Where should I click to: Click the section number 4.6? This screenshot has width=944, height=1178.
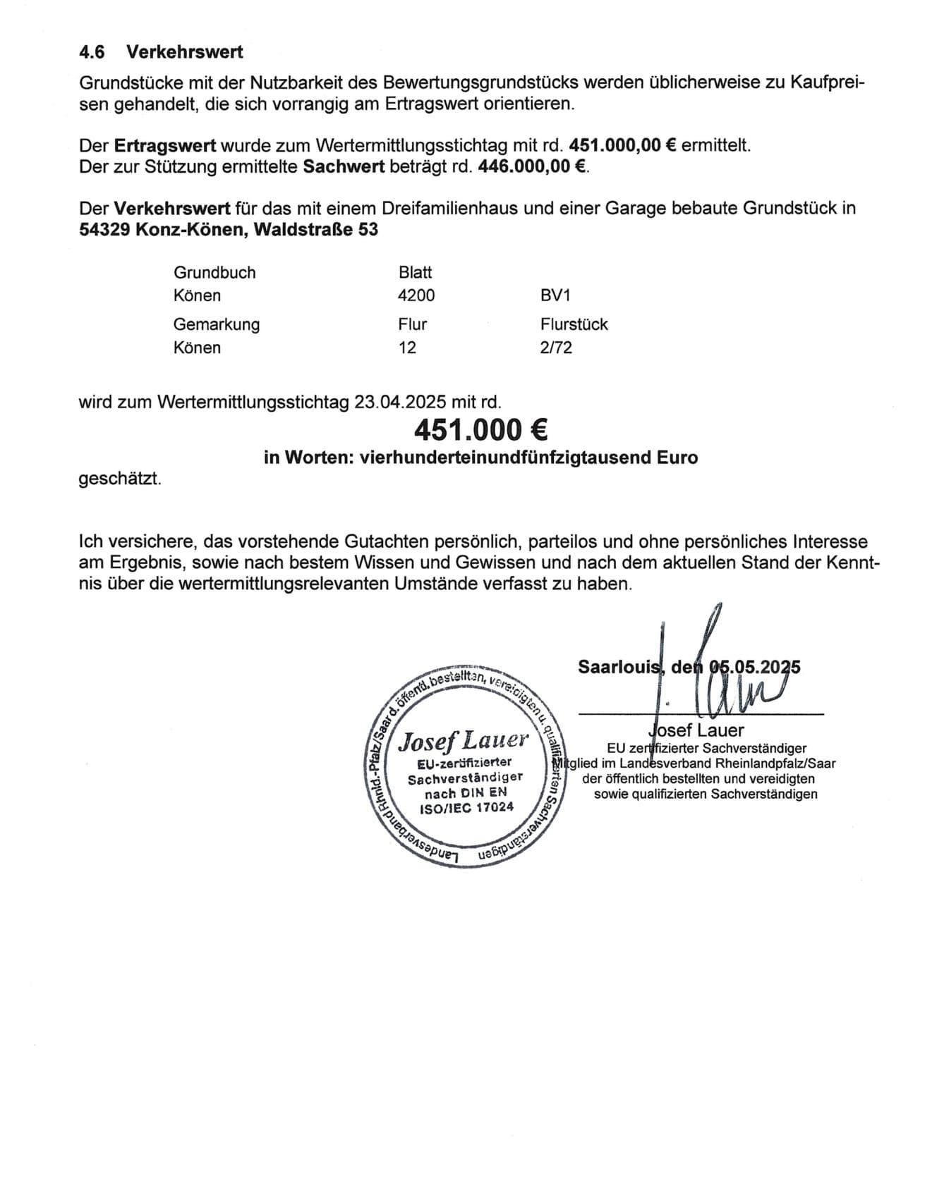(92, 52)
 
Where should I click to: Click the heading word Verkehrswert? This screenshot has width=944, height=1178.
(185, 52)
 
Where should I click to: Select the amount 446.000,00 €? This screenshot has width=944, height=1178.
(533, 167)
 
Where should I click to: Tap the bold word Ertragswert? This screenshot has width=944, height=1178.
(165, 146)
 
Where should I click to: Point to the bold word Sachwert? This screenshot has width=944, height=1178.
(344, 167)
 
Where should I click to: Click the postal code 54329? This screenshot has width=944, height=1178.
(104, 230)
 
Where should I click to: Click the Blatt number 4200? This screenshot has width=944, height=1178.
(416, 295)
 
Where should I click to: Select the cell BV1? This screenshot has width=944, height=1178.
(555, 295)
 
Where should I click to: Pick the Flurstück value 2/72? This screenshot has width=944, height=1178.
(556, 348)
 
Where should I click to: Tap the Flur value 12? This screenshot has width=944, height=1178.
(407, 348)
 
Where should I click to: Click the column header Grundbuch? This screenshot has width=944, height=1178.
(214, 273)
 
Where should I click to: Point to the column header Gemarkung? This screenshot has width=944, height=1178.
(217, 324)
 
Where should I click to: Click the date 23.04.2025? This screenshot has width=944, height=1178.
(400, 403)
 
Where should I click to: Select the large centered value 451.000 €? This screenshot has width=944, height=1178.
(480, 429)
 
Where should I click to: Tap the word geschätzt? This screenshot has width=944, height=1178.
(120, 479)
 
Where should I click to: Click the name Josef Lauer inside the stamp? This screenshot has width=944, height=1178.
(463, 740)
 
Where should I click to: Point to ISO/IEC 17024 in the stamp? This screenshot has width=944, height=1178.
(466, 807)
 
